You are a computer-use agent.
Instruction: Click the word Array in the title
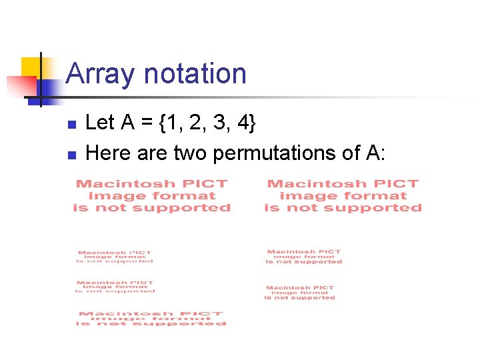(100, 75)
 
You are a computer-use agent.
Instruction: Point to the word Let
(100, 123)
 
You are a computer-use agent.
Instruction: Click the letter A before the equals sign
(127, 123)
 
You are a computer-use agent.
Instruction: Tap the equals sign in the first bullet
(148, 123)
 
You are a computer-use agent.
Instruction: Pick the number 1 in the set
(173, 123)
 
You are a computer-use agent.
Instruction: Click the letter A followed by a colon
(373, 153)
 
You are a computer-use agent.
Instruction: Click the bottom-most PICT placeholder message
(151, 319)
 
